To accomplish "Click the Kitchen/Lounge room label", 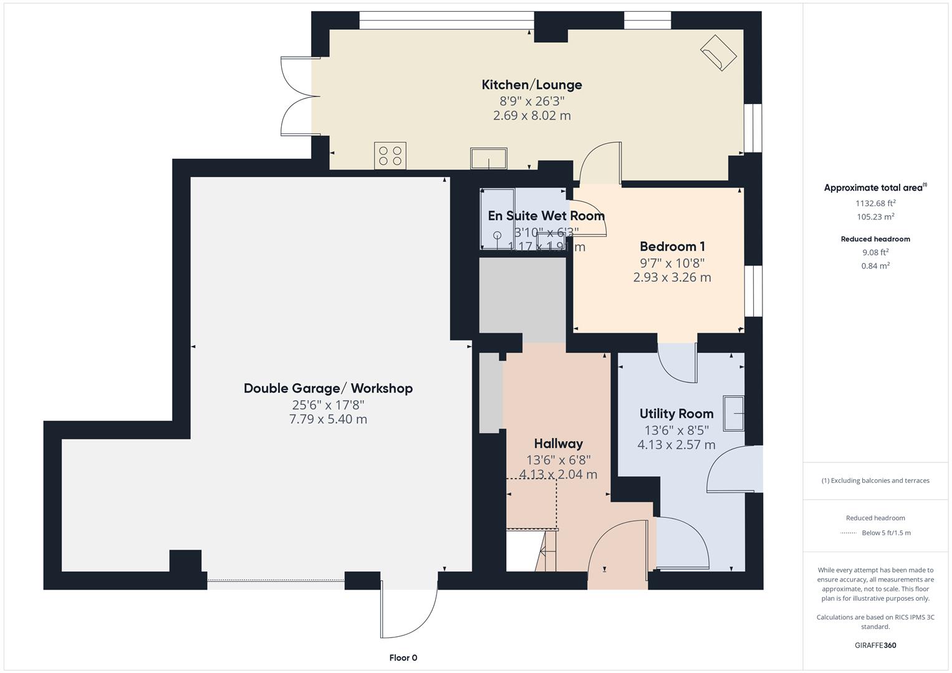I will point(532,85).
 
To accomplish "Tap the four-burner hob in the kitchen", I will point(390,156).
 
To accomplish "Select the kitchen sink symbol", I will point(489,158).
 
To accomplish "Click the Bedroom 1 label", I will point(672,246).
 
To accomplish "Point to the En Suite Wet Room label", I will point(546,216).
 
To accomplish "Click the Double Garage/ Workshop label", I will point(328,388).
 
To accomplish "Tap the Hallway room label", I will point(558,444).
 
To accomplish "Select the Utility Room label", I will point(676,414).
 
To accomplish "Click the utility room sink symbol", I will point(734,413).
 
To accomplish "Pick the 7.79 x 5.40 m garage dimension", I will point(328,419).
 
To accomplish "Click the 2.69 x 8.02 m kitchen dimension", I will point(532,115).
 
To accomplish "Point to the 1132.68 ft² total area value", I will point(875,203).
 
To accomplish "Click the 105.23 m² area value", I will point(875,217).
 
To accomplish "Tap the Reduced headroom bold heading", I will point(875,239).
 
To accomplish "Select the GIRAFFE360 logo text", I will point(875,645).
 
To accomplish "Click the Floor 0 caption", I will point(403,657).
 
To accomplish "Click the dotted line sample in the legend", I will point(849,533).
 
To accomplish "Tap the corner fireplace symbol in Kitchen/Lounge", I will point(719,52).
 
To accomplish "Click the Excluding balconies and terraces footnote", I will point(875,480).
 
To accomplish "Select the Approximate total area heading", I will point(874,188).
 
